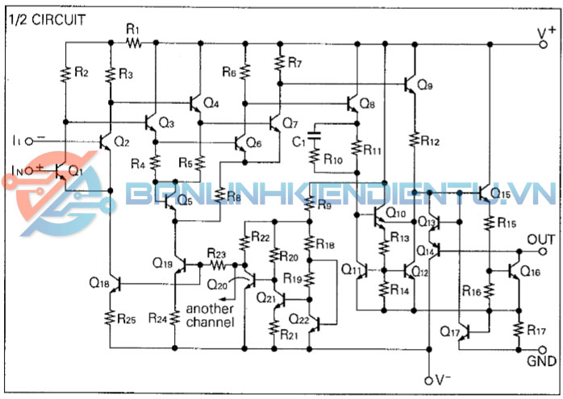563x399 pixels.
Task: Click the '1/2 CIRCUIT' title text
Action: coord(46,17)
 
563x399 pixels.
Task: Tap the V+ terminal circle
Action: coord(544,44)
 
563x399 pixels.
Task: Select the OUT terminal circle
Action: coord(544,251)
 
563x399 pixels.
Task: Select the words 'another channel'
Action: coord(211,315)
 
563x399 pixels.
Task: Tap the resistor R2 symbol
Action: coord(64,74)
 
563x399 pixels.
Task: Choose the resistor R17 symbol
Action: coord(516,329)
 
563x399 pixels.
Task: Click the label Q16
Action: coord(530,272)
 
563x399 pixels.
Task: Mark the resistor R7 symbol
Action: coord(279,63)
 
